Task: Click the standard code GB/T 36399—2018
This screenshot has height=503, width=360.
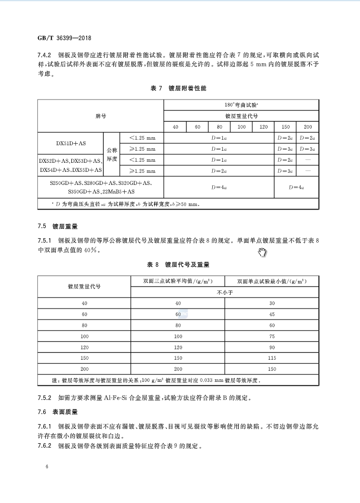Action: [x=64, y=38]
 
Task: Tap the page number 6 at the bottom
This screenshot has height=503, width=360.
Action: [x=46, y=467]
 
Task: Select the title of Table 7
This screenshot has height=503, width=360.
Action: [x=178, y=88]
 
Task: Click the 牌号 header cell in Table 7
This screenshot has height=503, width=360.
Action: [x=101, y=116]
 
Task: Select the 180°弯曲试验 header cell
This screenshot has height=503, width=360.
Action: [x=241, y=105]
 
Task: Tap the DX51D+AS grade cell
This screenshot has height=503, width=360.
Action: [x=71, y=143]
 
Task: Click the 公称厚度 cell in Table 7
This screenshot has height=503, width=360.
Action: [x=112, y=154]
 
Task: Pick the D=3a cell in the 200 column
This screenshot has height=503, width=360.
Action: [x=307, y=149]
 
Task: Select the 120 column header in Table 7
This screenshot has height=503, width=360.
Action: [x=263, y=127]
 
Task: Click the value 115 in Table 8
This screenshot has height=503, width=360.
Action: [x=272, y=358]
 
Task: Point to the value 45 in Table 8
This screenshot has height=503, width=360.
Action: [x=272, y=314]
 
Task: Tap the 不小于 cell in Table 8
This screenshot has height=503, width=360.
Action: [x=225, y=292]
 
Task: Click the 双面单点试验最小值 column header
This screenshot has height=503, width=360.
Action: [x=272, y=281]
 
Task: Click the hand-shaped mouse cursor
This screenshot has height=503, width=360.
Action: [x=262, y=251]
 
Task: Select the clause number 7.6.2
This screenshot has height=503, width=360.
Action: [x=45, y=446]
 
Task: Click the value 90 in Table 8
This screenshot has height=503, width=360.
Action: [x=272, y=347]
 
